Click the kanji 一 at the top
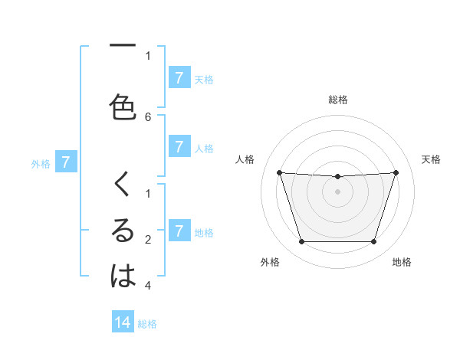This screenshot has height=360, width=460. (123, 47)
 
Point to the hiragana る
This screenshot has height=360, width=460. (123, 231)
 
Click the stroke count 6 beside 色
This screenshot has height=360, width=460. (148, 116)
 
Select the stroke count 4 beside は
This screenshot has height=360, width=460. (148, 286)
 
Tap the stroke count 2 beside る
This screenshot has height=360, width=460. (148, 240)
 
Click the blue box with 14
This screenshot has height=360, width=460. (123, 322)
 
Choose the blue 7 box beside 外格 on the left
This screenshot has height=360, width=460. (66, 162)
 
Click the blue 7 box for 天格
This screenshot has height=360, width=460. (179, 77)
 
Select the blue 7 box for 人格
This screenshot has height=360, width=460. (179, 146)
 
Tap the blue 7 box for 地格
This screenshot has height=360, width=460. (179, 231)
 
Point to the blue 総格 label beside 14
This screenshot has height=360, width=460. (147, 324)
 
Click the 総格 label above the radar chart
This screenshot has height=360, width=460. (338, 100)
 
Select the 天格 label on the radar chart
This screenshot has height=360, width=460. (432, 159)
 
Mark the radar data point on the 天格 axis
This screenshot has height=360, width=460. (396, 172)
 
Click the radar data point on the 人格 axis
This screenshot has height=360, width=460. (279, 172)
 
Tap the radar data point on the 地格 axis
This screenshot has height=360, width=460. (373, 242)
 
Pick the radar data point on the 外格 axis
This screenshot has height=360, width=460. (301, 242)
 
